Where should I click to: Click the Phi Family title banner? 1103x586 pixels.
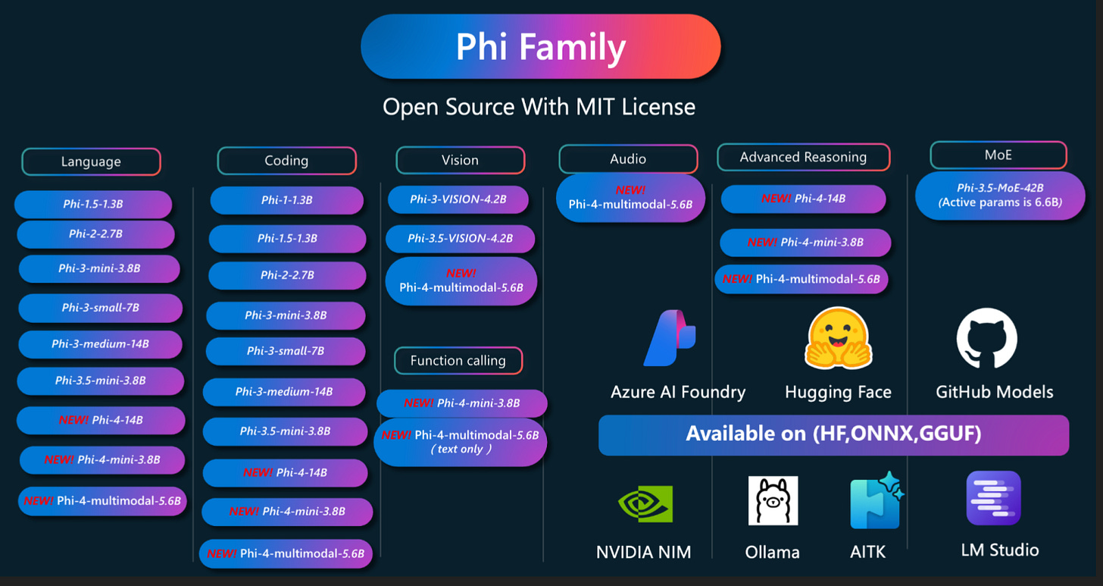(541, 46)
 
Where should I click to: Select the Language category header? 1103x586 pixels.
(91, 161)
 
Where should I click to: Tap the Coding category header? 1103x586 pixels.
(286, 161)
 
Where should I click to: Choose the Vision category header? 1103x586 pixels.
(460, 160)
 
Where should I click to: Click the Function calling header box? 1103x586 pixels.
(458, 361)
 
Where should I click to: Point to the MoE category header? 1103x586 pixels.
(998, 155)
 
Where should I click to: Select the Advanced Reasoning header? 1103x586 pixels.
(803, 157)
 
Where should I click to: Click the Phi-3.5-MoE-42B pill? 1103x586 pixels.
(1000, 195)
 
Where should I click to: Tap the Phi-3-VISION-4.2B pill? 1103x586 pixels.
(458, 199)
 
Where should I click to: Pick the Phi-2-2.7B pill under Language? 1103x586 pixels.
(95, 234)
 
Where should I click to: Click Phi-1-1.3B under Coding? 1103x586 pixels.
(286, 200)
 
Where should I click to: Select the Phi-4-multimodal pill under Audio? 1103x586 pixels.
(630, 198)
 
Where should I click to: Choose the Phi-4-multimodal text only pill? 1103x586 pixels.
(461, 442)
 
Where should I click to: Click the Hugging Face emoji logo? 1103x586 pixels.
(838, 338)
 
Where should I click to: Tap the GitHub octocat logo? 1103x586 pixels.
(987, 338)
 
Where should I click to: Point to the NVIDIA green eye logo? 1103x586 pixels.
(645, 503)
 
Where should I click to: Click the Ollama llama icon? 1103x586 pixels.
(773, 501)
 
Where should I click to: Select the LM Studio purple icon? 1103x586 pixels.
(994, 498)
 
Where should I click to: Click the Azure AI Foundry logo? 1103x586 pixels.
(670, 338)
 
